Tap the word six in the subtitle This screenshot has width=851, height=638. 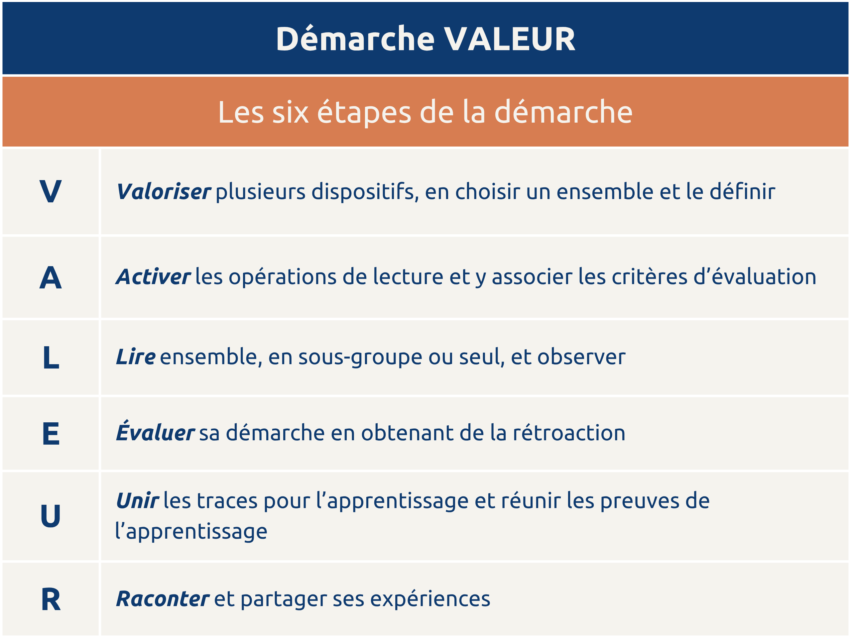[291, 112]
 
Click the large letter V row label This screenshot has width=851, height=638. [51, 191]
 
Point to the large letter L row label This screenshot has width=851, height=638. [51, 357]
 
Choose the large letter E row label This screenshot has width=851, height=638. [51, 433]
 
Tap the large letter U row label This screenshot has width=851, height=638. [51, 515]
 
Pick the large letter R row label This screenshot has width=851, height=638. [51, 599]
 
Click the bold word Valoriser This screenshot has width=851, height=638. [164, 191]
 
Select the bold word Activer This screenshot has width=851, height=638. [153, 277]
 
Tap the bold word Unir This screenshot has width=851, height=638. [137, 501]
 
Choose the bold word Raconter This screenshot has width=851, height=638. [163, 599]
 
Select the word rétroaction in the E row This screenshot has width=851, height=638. [569, 433]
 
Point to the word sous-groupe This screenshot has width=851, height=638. [360, 357]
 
